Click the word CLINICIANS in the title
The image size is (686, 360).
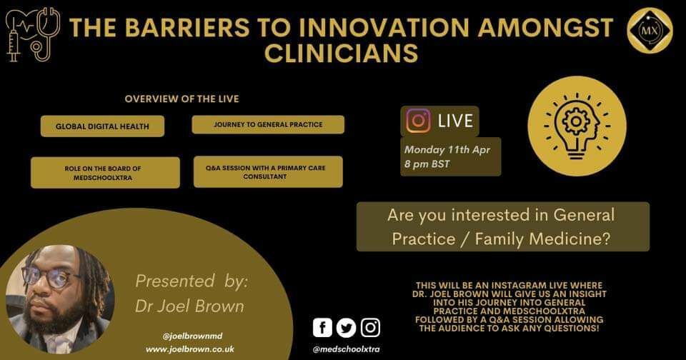click(342, 54)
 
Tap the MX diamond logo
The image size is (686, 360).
click(650, 30)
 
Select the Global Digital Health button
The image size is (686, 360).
click(102, 126)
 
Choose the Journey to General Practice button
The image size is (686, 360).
click(268, 125)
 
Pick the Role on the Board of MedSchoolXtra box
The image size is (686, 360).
click(105, 173)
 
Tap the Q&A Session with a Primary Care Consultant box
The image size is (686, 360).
click(268, 172)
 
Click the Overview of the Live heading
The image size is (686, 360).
click(182, 99)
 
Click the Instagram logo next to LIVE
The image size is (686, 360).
click(418, 121)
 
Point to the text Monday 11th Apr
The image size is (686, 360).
click(447, 149)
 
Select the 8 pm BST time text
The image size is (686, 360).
click(427, 164)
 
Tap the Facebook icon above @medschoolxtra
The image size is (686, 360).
click(322, 328)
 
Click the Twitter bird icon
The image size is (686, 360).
click(346, 328)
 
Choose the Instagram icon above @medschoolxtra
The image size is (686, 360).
click(370, 328)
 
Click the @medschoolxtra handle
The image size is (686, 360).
click(346, 349)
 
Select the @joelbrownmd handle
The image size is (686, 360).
click(192, 336)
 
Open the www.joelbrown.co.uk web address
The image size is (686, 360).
click(190, 349)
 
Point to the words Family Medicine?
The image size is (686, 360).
click(542, 239)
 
